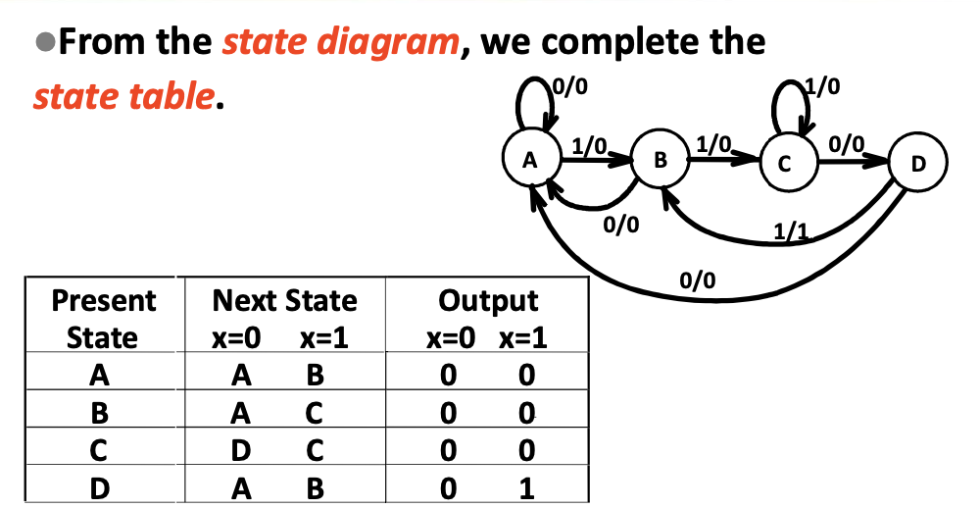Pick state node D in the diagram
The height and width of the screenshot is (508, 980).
tap(916, 163)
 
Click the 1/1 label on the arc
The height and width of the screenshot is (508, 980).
tap(789, 232)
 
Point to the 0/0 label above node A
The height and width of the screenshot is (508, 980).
tap(572, 85)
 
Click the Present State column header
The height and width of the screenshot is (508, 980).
tap(102, 318)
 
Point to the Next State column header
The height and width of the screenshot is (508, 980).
tap(284, 300)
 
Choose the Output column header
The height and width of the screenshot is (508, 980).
tap(488, 300)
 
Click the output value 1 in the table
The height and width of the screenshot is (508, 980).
tap(526, 487)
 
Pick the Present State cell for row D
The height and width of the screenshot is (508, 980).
tap(101, 487)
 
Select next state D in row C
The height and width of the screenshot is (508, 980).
tap(240, 450)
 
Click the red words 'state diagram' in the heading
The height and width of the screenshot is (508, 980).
tap(339, 42)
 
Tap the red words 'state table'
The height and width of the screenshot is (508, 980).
tap(122, 97)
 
